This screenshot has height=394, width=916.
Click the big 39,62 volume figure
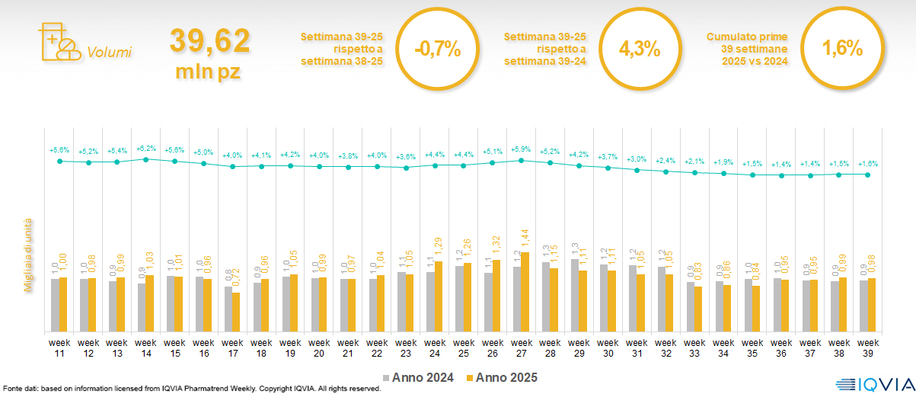pos(209,41)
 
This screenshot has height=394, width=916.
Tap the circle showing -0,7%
pos(438,49)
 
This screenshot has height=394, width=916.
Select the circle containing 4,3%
pos(640,49)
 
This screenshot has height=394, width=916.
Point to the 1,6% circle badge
pos(842,49)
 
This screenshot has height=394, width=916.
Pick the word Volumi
pos(109,53)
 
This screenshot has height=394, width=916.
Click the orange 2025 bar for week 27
pos(525,292)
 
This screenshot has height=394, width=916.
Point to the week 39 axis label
pos(869,348)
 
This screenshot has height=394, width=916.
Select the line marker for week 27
pos(522,160)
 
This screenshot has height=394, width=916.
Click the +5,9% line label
pos(522,149)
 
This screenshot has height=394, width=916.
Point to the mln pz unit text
pos(209,72)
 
